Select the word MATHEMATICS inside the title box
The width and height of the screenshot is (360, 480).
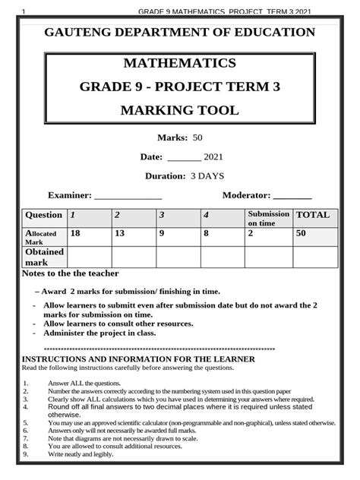click(x=178, y=63)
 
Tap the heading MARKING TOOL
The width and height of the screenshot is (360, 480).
click(x=178, y=111)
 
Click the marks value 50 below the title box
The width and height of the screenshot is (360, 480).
click(x=197, y=137)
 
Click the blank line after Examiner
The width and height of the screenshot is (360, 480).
click(x=127, y=196)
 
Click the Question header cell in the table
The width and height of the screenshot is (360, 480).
click(x=43, y=216)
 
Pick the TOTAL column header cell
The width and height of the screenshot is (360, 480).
click(x=312, y=215)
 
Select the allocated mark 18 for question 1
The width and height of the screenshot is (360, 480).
click(x=75, y=234)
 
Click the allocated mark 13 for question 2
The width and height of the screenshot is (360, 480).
click(x=119, y=234)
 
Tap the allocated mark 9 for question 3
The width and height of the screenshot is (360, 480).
click(x=162, y=234)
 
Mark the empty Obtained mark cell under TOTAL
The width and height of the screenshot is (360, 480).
click(x=314, y=257)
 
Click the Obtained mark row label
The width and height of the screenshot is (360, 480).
click(x=44, y=257)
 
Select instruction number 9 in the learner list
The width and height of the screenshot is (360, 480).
click(x=25, y=454)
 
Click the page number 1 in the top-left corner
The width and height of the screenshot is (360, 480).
click(x=25, y=11)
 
